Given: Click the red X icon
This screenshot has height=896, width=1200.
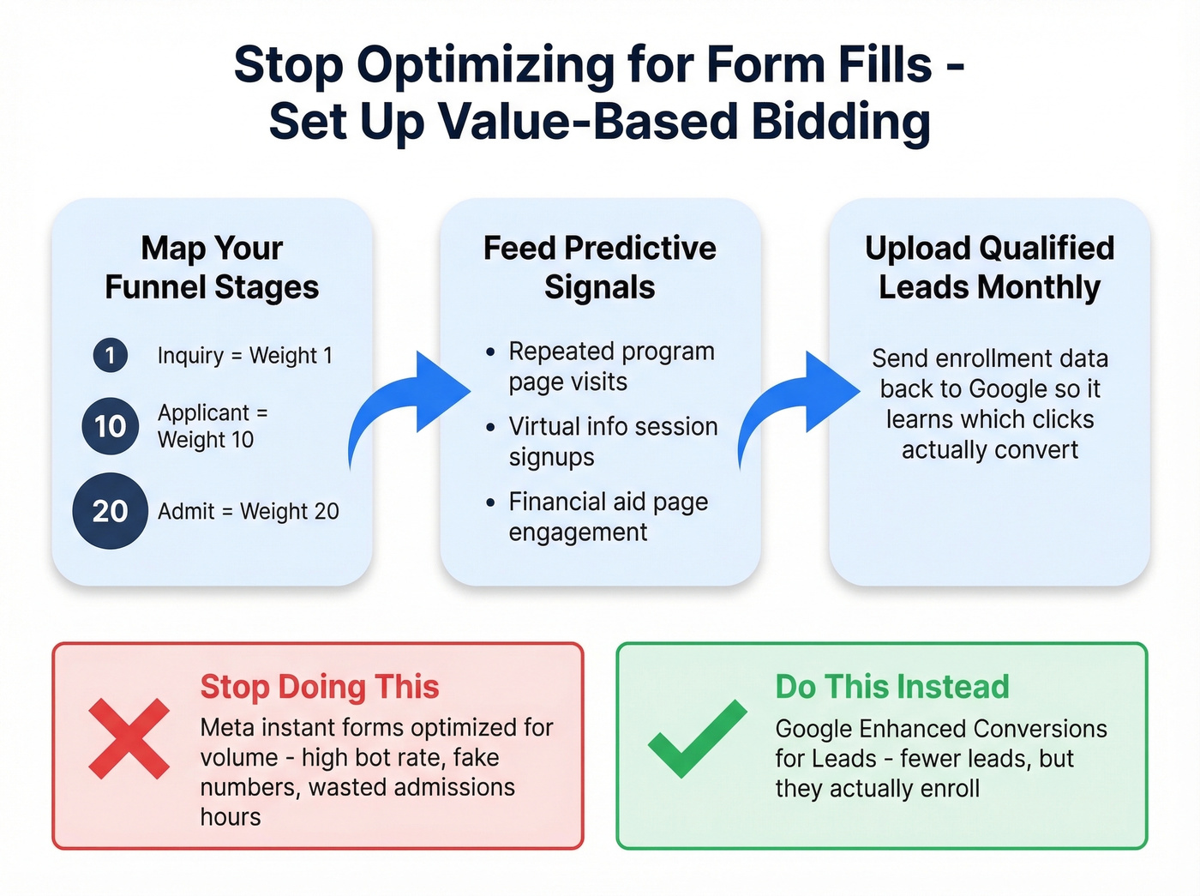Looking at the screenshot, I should point(129,738).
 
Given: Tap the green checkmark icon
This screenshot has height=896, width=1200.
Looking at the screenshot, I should point(697,738).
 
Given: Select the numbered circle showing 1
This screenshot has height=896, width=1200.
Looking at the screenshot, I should point(110,355).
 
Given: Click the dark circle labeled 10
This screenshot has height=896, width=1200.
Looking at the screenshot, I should point(110,426).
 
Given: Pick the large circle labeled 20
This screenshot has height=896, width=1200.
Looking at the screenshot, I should point(110,511).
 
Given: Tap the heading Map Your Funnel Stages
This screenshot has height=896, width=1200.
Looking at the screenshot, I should point(212,268).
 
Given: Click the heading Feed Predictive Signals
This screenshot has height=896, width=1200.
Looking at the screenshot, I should point(599,268).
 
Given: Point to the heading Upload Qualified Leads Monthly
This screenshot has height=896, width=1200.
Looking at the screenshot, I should point(989,268).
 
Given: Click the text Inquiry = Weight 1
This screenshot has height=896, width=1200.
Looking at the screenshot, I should point(244,356).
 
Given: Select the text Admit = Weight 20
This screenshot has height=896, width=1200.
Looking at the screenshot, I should point(248,512).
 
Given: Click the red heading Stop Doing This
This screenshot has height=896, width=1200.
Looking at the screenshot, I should point(319,687).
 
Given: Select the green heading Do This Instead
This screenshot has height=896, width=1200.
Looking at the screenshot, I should point(891,687).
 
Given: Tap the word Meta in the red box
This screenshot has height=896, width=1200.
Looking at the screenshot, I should point(227,728).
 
